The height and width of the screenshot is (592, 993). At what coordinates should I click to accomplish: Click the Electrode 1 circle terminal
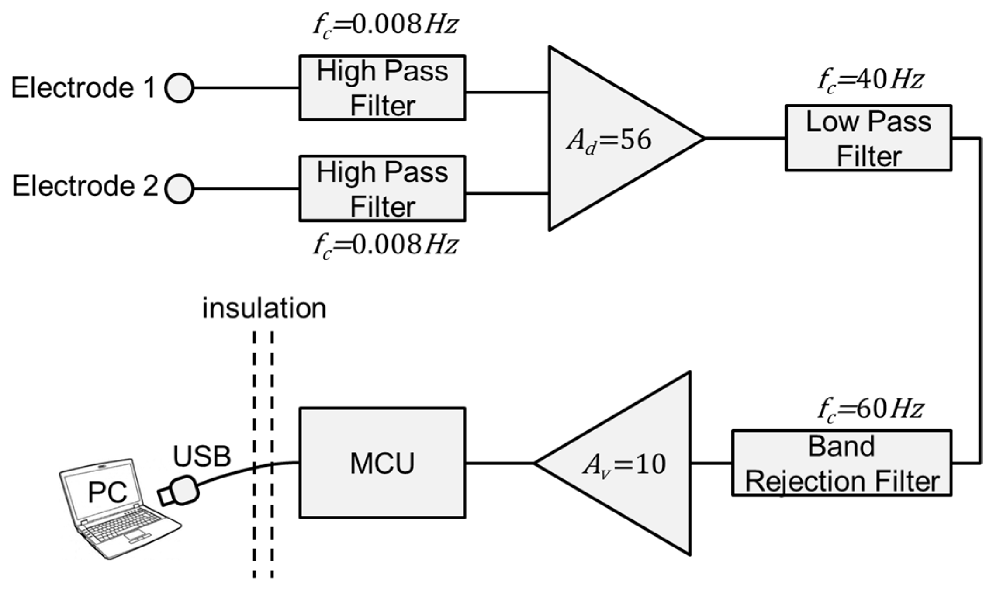tap(179, 88)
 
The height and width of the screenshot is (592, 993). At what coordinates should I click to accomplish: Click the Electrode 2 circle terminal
tap(179, 189)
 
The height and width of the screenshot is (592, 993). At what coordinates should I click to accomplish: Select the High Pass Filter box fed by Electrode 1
tap(382, 88)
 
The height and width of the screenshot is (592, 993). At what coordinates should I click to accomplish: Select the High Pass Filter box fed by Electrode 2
tap(382, 188)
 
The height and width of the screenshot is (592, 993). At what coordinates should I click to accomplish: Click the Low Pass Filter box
tap(868, 138)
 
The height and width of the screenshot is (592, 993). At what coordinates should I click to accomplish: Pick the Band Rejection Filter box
tap(841, 463)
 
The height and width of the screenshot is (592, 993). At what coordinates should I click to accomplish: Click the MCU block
tap(382, 463)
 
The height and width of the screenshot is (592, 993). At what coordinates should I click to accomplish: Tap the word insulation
tap(264, 308)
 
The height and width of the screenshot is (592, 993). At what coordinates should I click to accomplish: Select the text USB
tap(202, 456)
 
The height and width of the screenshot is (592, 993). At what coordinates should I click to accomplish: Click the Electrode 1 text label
tap(83, 87)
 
